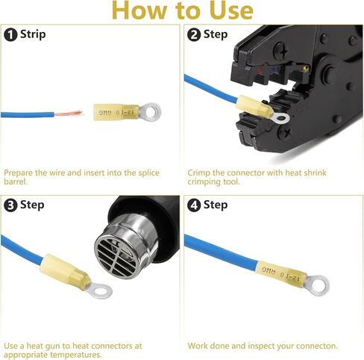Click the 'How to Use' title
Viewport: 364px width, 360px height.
coord(182,10)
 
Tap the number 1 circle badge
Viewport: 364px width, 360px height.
coord(10,34)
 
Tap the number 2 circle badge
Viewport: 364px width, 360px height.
coord(194,34)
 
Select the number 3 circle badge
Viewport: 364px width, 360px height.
coord(10,205)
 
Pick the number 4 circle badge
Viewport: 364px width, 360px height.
coord(194,205)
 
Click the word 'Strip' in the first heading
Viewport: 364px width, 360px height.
coord(33,34)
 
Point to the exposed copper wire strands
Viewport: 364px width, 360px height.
coord(69,114)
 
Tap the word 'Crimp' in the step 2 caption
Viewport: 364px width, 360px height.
coord(200,173)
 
